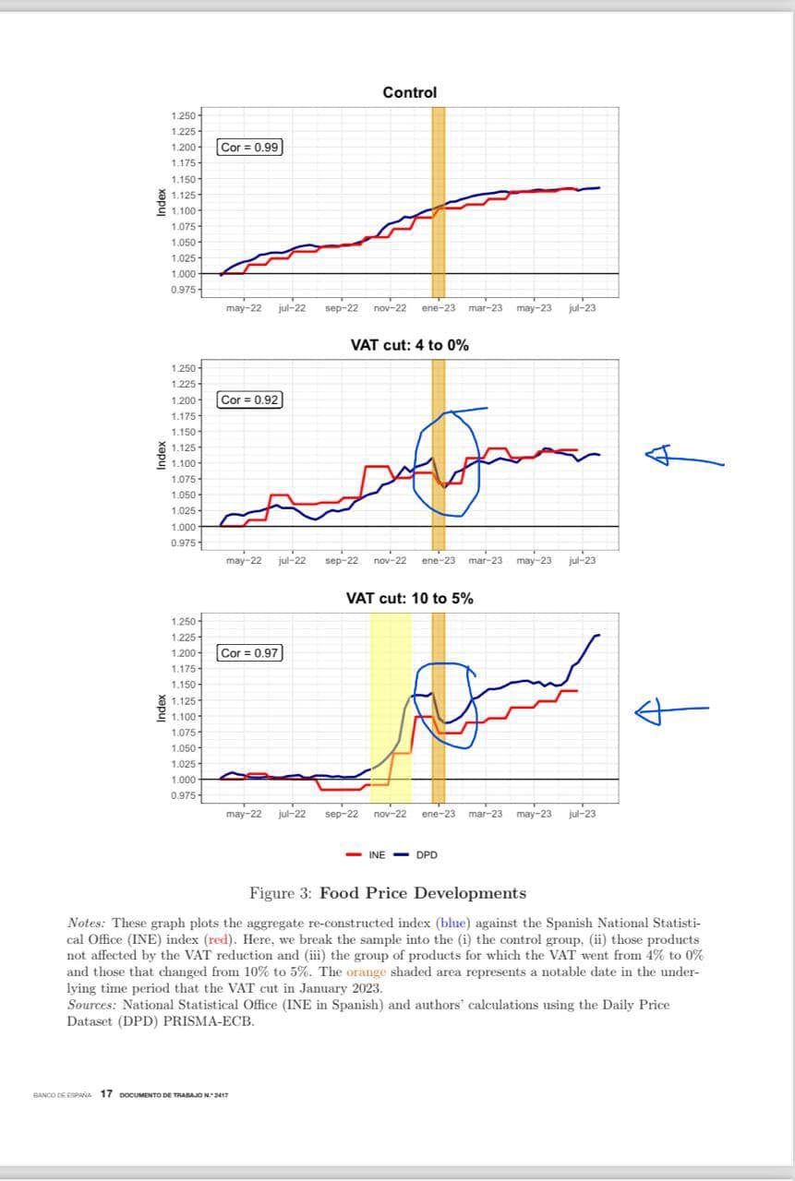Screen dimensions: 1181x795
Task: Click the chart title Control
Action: [x=409, y=92]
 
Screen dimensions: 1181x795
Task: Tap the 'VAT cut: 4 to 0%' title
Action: [x=409, y=345]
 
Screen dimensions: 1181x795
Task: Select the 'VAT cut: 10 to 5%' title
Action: [x=409, y=598]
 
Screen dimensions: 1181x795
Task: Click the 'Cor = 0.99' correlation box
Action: [x=250, y=147]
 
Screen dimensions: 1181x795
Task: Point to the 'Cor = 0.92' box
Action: [x=250, y=400]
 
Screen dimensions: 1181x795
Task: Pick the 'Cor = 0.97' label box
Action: [x=250, y=652]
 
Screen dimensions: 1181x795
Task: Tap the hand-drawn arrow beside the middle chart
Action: [x=683, y=455]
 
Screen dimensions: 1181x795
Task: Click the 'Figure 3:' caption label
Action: [x=281, y=893]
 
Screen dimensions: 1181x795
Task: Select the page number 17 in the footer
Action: [x=106, y=1093]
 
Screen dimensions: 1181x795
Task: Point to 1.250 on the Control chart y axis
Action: [x=183, y=115]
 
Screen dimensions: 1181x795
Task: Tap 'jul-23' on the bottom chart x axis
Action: [x=582, y=814]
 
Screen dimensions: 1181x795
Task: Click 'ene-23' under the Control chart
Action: [x=438, y=308]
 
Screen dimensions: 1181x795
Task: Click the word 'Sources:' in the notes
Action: [x=92, y=1005]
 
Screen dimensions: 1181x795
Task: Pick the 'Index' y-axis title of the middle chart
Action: [x=162, y=456]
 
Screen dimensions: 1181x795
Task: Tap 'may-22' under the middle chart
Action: [x=243, y=560]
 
